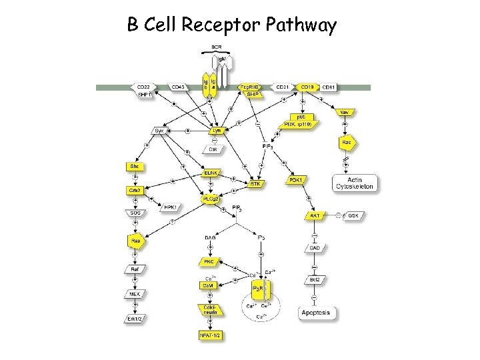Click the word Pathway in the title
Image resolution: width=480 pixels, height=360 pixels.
301,25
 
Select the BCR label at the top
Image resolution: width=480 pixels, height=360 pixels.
217,47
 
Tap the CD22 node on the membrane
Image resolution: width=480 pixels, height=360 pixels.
143,87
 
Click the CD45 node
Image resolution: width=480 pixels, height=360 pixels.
178,87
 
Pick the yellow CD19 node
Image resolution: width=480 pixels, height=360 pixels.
307,87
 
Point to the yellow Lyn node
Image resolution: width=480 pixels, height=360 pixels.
216,131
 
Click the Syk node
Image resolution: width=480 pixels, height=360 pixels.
159,131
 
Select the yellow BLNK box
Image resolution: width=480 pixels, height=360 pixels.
211,173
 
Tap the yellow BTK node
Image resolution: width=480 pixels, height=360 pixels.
255,183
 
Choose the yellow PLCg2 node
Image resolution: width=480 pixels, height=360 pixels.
210,199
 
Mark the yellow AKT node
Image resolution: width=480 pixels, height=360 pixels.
313,216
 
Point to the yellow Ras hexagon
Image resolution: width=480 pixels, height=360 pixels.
135,240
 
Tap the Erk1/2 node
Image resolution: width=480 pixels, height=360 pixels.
135,319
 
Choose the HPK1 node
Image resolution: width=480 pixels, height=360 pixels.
170,207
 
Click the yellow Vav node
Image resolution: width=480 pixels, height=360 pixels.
346,113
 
